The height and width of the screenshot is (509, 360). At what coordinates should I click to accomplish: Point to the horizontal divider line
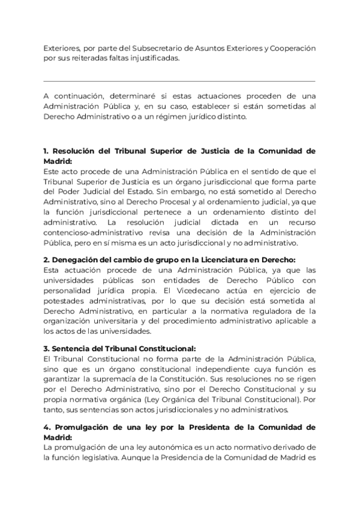(x=179, y=81)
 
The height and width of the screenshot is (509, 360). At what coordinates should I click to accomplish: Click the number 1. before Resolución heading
(x=47, y=151)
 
